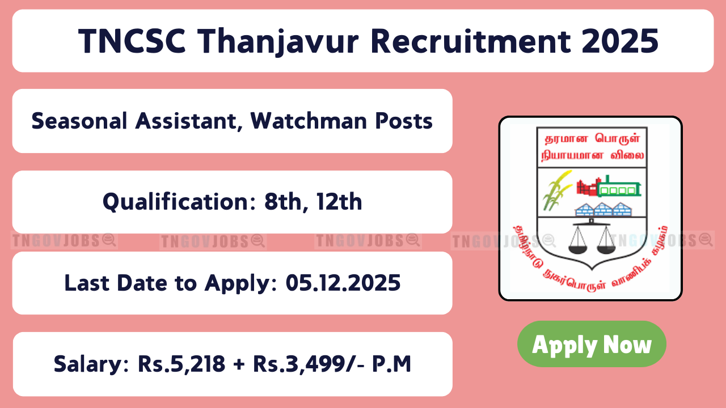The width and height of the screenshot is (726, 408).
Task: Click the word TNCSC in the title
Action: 132,41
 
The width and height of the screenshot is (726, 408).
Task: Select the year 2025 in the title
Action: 620,41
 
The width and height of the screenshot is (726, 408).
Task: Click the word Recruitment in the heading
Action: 470,41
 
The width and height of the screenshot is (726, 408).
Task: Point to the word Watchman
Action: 309,121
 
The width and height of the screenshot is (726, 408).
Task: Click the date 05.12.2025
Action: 343,283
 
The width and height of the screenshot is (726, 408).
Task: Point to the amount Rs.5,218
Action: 181,364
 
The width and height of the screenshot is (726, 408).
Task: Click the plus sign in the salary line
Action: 239,364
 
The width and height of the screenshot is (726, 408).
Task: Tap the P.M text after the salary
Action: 391,364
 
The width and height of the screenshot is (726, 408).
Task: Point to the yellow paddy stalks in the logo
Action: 556,190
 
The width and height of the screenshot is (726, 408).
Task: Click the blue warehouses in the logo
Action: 603,210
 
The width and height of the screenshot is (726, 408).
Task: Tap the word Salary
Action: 91,364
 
